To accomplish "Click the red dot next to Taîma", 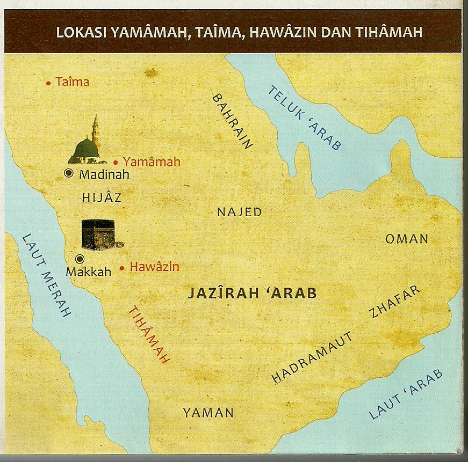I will pyautogui.click(x=49, y=83).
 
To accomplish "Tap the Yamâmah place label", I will pyautogui.click(x=152, y=162).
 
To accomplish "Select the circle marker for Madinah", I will pyautogui.click(x=69, y=173).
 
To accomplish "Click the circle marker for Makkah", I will pyautogui.click(x=80, y=259).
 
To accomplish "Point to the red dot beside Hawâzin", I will pyautogui.click(x=123, y=267).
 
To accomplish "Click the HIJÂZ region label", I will pyautogui.click(x=102, y=197).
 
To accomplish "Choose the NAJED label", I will pyautogui.click(x=239, y=212).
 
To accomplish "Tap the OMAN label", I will pyautogui.click(x=407, y=239).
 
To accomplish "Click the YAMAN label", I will pyautogui.click(x=208, y=413).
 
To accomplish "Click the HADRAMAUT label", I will pyautogui.click(x=312, y=357).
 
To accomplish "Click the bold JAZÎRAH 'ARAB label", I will pyautogui.click(x=252, y=294).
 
